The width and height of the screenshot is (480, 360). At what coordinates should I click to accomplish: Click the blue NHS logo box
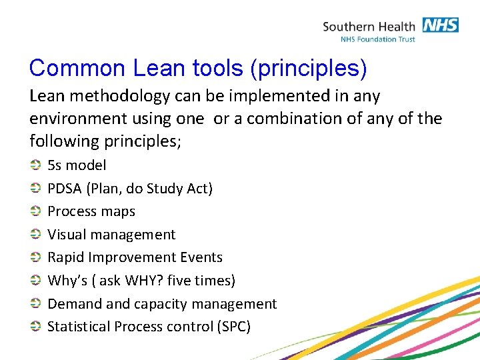pos(441,25)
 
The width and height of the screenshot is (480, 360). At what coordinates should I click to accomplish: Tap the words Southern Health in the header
pos(369,27)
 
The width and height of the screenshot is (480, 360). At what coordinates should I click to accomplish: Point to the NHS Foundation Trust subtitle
pos(378,39)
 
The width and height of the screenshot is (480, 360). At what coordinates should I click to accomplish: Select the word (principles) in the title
pos(309,69)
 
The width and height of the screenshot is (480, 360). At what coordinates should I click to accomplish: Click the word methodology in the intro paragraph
pos(120,96)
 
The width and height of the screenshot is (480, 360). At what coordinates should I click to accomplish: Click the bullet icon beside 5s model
pos(35,165)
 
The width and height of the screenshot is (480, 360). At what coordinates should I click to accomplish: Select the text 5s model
pos(77,165)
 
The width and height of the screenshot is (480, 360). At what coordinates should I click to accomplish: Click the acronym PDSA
pos(65,188)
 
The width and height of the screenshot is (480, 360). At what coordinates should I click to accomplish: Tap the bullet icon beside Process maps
pos(35,211)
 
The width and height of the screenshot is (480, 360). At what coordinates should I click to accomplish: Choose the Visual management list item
pos(111,235)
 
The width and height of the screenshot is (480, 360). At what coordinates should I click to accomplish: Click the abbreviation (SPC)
pos(234,327)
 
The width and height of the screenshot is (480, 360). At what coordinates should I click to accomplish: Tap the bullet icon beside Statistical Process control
pos(35,326)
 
